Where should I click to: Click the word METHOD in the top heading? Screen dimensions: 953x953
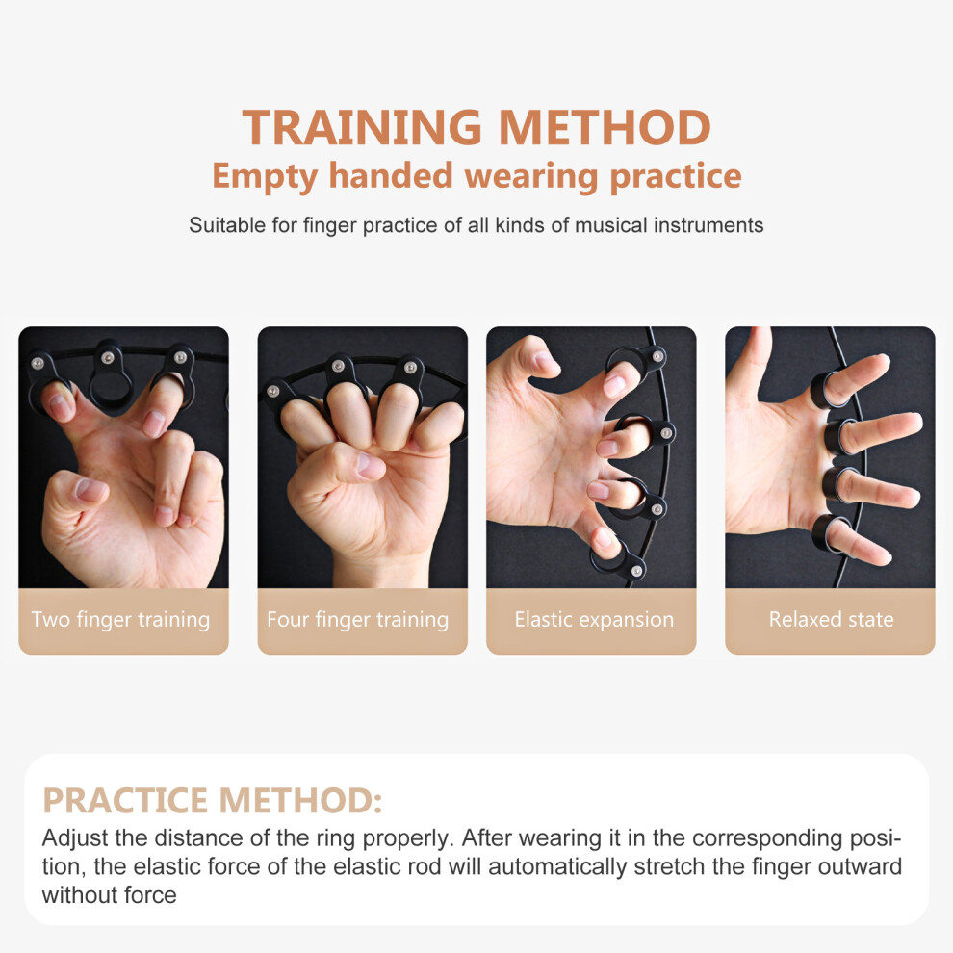(x=605, y=127)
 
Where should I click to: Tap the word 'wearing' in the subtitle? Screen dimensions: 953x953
(x=531, y=177)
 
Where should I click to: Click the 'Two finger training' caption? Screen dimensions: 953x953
(x=121, y=619)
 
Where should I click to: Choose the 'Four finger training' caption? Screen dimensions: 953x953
(x=357, y=619)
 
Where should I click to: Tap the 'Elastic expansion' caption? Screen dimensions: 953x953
(x=594, y=619)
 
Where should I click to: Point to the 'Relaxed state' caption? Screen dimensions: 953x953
(x=831, y=619)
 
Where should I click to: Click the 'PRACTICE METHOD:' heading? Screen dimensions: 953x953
(x=212, y=800)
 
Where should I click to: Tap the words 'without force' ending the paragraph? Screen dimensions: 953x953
(x=110, y=895)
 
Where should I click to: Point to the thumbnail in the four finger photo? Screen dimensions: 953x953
(x=371, y=465)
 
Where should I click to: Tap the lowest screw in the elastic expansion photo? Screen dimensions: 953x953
(x=636, y=570)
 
